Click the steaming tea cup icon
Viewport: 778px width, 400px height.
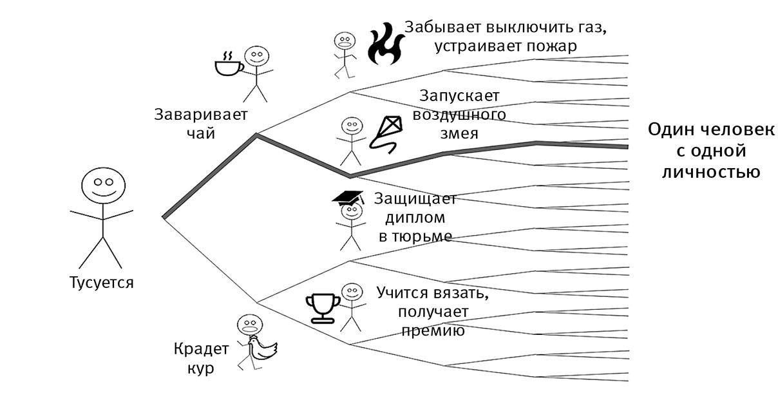click(x=229, y=64)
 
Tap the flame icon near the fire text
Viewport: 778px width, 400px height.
click(x=384, y=44)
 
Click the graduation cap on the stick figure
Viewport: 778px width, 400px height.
click(x=348, y=197)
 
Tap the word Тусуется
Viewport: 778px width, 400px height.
click(x=102, y=282)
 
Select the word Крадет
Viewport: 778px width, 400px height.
click(x=201, y=350)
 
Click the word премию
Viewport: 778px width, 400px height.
click(x=432, y=331)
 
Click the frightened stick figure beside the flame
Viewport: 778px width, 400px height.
click(x=345, y=54)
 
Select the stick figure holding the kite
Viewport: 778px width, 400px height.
click(x=351, y=140)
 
